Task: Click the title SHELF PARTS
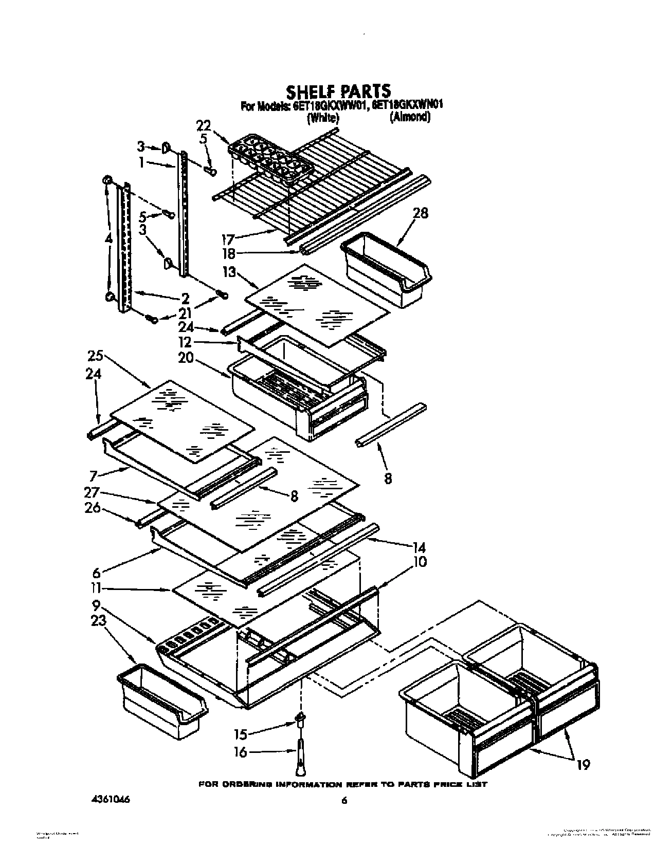click(x=338, y=91)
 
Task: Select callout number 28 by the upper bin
click(x=421, y=213)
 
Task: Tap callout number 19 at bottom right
click(x=583, y=765)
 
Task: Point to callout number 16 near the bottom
click(x=240, y=752)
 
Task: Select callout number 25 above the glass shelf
click(x=96, y=355)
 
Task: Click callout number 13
click(x=229, y=272)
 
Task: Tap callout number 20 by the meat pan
click(x=186, y=358)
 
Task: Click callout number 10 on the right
click(x=420, y=562)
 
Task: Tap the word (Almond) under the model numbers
click(x=410, y=117)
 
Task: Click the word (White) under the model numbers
click(x=322, y=118)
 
